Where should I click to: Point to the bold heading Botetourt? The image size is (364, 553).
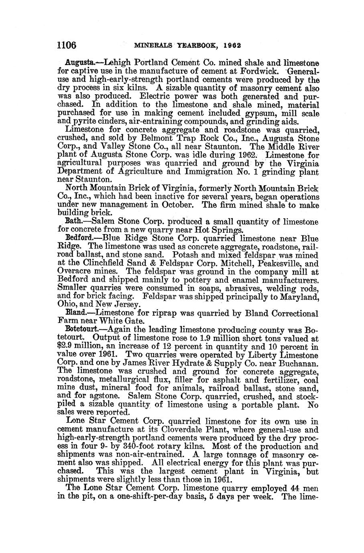82,330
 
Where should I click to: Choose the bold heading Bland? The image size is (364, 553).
75,313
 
